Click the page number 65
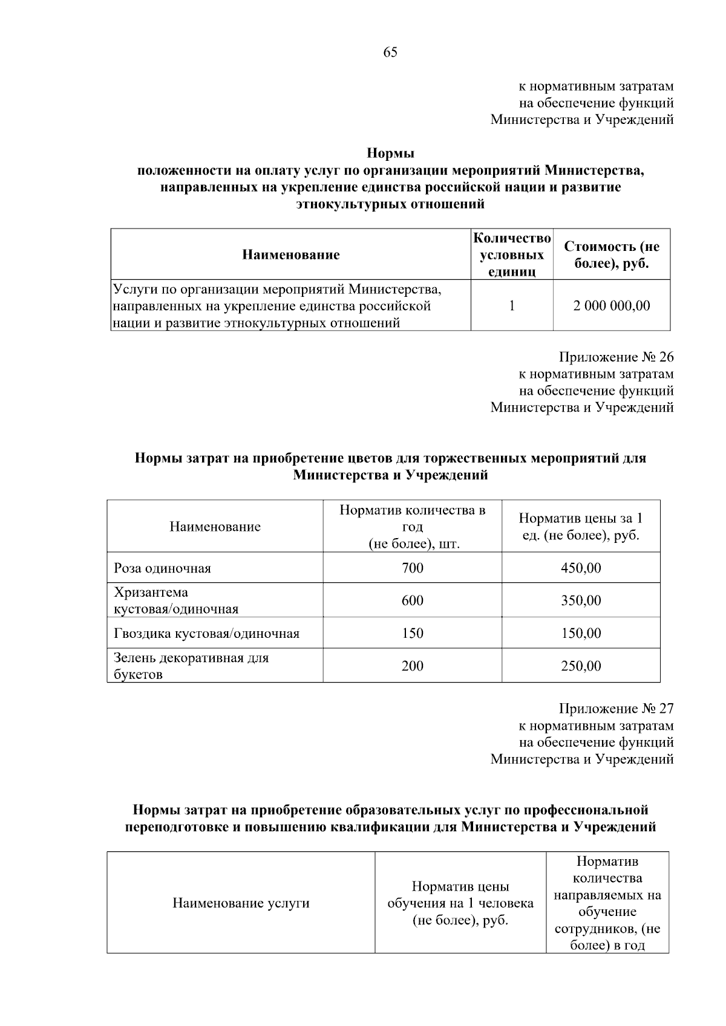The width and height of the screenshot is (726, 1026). coord(390,53)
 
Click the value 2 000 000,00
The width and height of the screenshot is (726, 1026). coord(611,306)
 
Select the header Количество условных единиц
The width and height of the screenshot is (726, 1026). coord(511,255)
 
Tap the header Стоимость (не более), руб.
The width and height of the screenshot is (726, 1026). coord(611,255)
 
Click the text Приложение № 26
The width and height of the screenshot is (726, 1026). coord(616,357)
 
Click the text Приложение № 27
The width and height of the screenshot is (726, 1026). coord(616,709)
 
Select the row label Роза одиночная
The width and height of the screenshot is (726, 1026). coord(162,568)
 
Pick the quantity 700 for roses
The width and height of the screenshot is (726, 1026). coord(412,568)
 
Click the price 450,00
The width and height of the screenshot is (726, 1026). coord(580,568)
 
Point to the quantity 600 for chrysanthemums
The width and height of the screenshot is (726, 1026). coord(412,601)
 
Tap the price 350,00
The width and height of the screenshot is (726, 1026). coord(580,601)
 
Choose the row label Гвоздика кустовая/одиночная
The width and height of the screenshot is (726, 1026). coord(206,634)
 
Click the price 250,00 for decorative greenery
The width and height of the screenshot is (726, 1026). coord(580,666)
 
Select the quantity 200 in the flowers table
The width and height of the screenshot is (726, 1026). coord(412,666)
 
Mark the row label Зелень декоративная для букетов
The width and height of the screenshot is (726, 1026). coord(191,666)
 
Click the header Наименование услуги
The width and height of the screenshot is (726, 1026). coord(241,903)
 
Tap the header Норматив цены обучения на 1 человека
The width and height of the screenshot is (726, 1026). coord(460,903)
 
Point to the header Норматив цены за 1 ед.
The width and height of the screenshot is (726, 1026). coord(580,527)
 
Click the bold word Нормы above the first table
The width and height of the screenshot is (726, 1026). coord(390,154)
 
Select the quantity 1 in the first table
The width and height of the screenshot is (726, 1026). coord(511,306)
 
